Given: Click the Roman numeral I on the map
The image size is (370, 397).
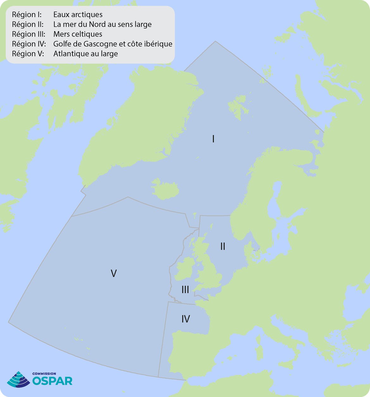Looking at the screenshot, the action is (x=213, y=139).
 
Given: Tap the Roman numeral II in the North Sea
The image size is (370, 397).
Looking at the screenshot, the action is (x=223, y=247).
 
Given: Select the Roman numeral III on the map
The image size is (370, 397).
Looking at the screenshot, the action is (x=185, y=290).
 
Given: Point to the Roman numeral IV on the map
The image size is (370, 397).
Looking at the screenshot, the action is (x=186, y=319).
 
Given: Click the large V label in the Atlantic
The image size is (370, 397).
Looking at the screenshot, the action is (x=114, y=273).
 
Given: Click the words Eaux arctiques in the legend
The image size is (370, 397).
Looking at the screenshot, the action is (x=78, y=15).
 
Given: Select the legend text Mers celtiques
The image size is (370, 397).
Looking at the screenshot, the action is (x=78, y=34).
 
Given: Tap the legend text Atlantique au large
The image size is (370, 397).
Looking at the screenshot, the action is (x=85, y=54).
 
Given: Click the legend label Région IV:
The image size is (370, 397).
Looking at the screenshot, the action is (x=29, y=44).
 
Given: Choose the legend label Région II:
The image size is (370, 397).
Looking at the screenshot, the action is (x=28, y=24).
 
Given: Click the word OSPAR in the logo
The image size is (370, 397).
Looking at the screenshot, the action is (x=52, y=381).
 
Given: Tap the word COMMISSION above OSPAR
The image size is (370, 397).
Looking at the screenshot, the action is (x=44, y=374).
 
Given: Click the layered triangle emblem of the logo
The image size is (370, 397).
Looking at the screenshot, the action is (x=19, y=379).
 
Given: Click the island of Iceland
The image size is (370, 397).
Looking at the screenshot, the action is (x=165, y=189).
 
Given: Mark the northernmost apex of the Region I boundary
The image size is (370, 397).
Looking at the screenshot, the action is (x=215, y=41).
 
